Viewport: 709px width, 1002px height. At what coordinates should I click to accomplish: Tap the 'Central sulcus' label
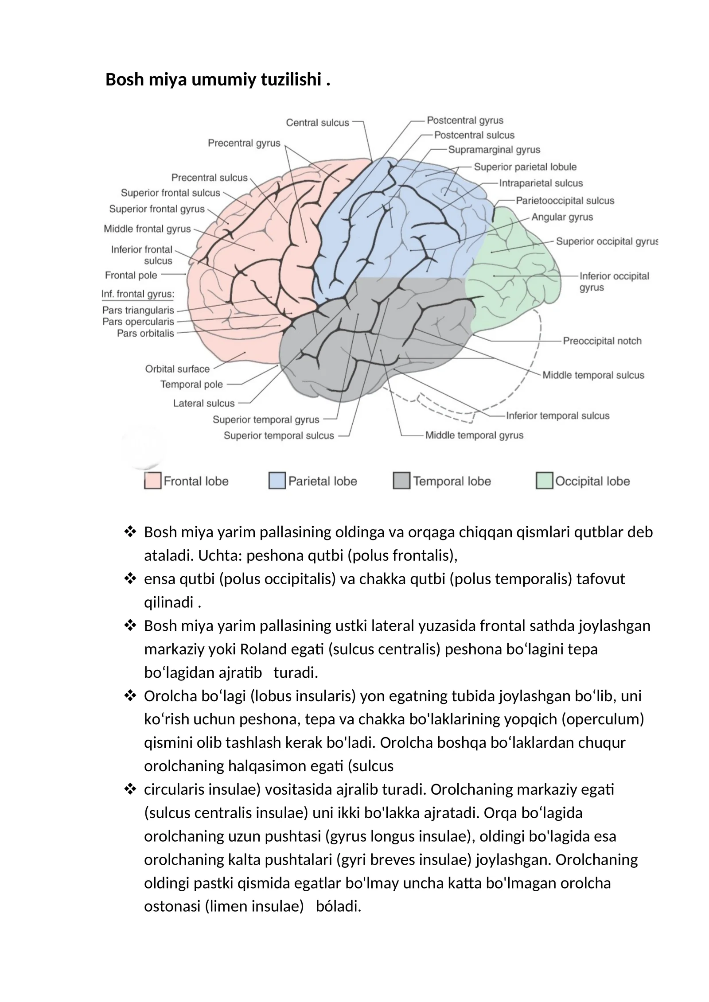coord(317,123)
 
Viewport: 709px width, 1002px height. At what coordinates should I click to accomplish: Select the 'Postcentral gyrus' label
coord(465,120)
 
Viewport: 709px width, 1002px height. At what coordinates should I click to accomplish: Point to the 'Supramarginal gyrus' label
coord(494,150)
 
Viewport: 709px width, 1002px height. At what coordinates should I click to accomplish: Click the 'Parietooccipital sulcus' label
coord(565,201)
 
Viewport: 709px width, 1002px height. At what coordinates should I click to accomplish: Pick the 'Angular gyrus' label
coord(562,217)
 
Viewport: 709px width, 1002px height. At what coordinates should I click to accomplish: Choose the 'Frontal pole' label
coord(131,275)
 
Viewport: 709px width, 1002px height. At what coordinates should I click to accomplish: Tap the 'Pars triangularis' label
coord(138,310)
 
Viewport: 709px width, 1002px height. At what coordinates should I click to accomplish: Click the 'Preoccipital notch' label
coord(602,341)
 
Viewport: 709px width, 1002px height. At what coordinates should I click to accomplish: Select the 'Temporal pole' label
coord(191,384)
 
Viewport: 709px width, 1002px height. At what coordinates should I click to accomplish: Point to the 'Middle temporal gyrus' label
coord(474,435)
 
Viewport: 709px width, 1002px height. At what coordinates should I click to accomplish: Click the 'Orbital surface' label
coord(177,369)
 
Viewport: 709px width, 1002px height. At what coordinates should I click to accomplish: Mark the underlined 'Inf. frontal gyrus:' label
coord(138,294)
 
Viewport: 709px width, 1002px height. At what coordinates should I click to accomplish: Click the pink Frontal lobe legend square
coord(152,481)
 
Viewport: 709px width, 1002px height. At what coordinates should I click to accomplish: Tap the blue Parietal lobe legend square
coord(277,481)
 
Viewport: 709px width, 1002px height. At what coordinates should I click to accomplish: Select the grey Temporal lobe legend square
coord(401,481)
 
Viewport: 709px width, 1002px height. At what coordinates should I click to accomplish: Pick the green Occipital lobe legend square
coord(544,481)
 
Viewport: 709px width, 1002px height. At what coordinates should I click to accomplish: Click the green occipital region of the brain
coord(514,275)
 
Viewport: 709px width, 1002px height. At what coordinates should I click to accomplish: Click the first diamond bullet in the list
coord(130,532)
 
